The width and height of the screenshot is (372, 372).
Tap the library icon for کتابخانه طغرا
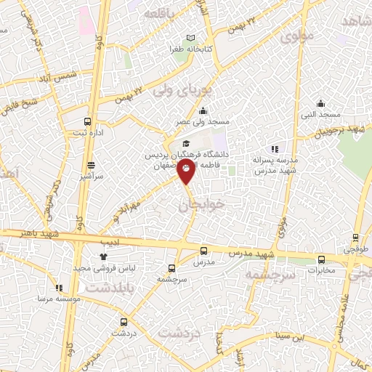pos(191,38)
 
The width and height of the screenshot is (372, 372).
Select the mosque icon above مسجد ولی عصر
pos(201,110)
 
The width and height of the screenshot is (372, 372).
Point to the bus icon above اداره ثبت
pos(88,122)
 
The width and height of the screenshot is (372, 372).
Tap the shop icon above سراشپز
pos(91,166)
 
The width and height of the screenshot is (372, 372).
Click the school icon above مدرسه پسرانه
pos(274,148)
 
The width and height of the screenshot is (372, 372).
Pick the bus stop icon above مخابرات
pos(321,259)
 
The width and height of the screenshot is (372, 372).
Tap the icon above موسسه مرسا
pos(58,288)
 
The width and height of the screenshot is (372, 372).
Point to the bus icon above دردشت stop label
pos(122,321)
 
